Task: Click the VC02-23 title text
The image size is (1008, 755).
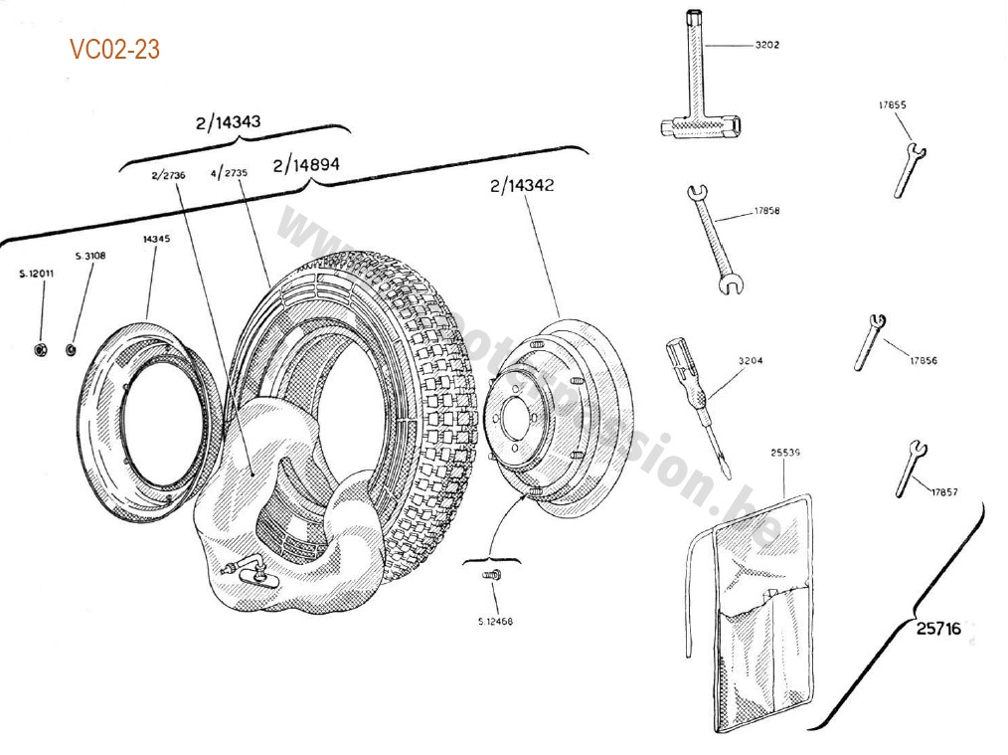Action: [114, 49]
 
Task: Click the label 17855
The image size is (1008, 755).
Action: [892, 104]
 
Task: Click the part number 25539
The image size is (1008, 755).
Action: [785, 452]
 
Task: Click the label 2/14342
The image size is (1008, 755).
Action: [521, 186]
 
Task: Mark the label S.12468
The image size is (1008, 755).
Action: [494, 622]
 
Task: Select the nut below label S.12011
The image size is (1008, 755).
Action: [42, 348]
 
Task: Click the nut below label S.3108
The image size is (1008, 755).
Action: [72, 348]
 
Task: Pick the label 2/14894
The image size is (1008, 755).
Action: [305, 164]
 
